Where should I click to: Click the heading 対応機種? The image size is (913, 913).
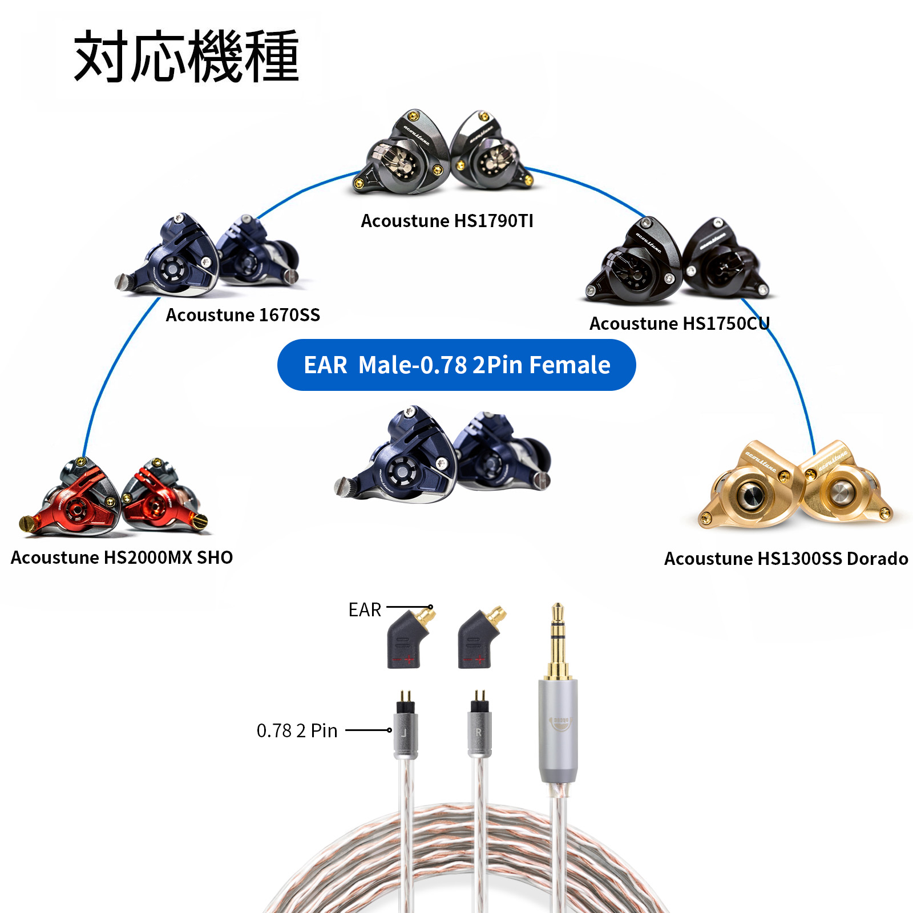186,57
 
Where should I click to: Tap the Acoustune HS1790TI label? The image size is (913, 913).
447,221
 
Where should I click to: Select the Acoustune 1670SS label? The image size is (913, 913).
243,315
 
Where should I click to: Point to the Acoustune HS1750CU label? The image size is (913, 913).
679,324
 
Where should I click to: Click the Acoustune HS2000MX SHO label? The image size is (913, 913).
122,558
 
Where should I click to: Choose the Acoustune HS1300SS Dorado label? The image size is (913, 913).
786,559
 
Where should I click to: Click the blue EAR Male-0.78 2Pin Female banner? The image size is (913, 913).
457,365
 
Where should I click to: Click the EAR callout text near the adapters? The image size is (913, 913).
365,610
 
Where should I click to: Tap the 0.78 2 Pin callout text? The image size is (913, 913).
297,731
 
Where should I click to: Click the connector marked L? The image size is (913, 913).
406,730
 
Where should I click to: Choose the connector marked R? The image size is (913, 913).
479,730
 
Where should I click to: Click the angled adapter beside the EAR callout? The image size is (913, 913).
409,639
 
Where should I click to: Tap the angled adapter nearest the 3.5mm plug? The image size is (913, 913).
479,639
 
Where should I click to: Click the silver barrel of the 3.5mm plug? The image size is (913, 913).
558,730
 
